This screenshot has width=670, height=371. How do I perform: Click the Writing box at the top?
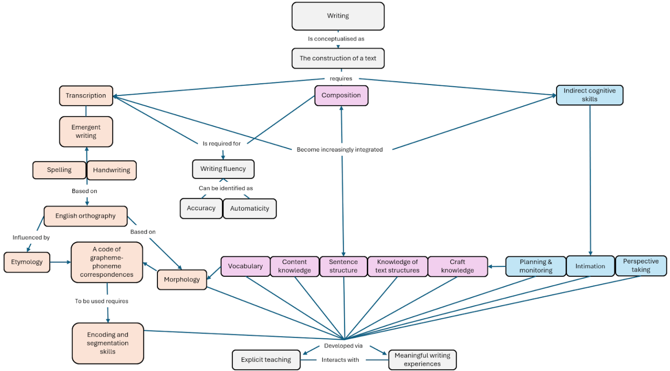click(x=338, y=16)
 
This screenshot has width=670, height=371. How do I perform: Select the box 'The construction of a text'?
click(x=338, y=58)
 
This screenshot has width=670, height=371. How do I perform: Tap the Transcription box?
click(x=86, y=96)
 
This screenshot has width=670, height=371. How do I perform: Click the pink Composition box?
click(x=341, y=95)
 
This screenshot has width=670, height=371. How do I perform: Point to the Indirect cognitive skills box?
click(x=589, y=95)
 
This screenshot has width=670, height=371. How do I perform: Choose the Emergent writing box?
click(x=86, y=132)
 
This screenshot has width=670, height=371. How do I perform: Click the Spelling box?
click(x=59, y=170)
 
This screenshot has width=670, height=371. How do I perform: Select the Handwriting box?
click(x=112, y=170)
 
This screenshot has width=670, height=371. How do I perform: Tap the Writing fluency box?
click(x=223, y=169)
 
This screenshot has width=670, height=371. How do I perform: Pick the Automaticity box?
click(x=250, y=209)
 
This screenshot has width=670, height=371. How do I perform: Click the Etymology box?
click(x=27, y=262)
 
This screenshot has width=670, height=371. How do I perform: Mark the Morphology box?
click(x=182, y=280)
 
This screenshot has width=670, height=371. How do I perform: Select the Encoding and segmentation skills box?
click(x=108, y=343)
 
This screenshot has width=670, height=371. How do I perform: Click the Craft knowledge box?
click(x=458, y=266)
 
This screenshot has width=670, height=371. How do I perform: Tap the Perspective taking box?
click(x=641, y=266)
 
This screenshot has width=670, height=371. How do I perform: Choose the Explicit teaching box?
click(x=266, y=360)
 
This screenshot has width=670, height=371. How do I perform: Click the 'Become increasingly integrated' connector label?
click(x=340, y=150)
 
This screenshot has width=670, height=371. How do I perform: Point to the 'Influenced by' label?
click(x=31, y=238)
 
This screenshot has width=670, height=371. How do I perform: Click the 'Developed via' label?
click(x=343, y=346)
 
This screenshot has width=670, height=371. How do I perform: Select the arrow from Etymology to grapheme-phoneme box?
click(x=61, y=262)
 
